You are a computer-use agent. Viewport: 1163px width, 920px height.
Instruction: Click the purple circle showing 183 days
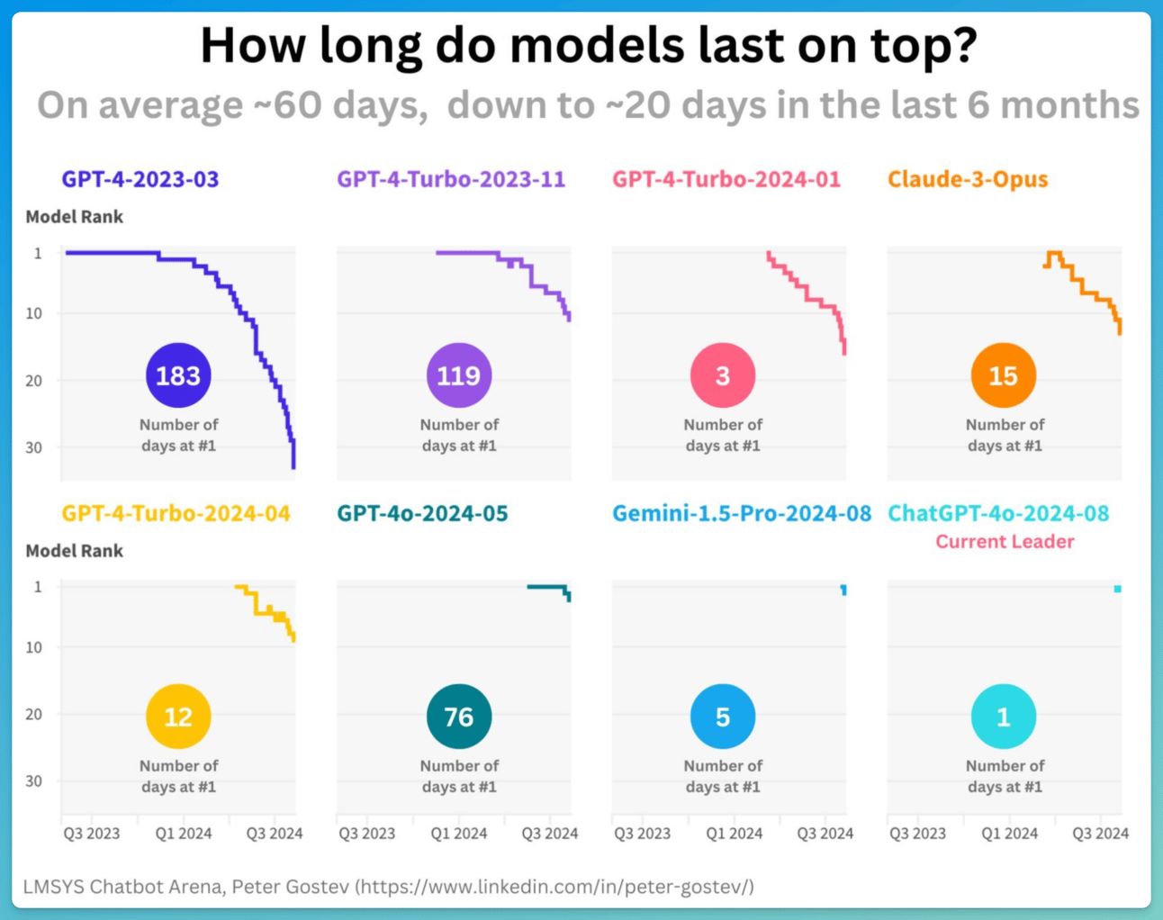coord(178,375)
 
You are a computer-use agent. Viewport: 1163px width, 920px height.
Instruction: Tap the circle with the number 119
coord(459,375)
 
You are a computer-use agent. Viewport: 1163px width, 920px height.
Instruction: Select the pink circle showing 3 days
coord(723,375)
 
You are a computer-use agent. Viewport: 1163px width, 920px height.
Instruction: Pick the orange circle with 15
coord(1004,375)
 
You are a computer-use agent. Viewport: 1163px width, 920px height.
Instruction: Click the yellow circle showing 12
coord(178,717)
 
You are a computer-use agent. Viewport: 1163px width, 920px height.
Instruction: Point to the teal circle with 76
coord(459,717)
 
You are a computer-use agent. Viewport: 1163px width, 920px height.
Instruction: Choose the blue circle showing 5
coord(723,717)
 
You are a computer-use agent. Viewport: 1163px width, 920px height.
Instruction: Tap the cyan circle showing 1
coord(1004,717)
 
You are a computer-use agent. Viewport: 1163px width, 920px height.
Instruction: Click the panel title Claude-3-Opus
coord(968,179)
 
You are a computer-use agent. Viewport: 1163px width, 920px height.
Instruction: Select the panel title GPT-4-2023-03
coord(140,179)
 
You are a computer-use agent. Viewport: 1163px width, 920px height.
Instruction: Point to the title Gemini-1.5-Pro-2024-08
coord(742,513)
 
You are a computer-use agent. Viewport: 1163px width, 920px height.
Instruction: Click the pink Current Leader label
coord(1005,542)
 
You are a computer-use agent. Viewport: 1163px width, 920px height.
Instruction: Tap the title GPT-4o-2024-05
coord(422,513)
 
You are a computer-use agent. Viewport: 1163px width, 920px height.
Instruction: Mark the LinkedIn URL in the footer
coord(555,887)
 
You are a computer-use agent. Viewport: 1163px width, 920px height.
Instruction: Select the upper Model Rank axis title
coord(74,217)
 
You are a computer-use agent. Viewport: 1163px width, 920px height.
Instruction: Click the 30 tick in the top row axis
coord(33,447)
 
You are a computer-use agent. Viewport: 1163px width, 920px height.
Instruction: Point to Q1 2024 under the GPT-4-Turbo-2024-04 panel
coord(184,834)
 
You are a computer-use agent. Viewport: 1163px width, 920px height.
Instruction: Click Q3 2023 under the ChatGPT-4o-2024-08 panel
coord(917,834)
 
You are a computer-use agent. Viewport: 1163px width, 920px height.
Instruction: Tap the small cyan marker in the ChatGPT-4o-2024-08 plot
coord(1117,589)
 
